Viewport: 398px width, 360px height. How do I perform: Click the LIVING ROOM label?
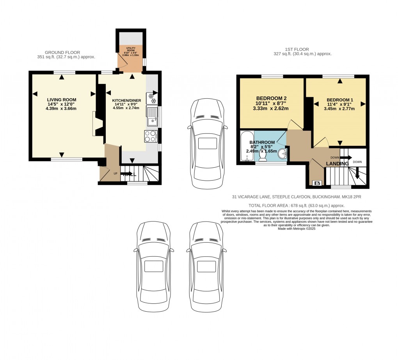click(62, 99)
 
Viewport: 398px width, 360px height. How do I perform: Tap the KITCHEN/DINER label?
click(126, 100)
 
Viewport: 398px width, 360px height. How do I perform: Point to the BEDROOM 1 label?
click(340, 100)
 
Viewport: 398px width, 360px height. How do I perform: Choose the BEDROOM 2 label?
click(271, 98)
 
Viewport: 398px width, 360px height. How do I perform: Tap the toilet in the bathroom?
click(263, 154)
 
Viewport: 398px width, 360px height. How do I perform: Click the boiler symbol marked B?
click(317, 182)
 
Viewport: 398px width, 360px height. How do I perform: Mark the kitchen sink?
click(151, 116)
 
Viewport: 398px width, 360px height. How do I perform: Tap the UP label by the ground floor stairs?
click(115, 174)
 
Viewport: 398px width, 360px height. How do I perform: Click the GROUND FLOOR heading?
click(62, 52)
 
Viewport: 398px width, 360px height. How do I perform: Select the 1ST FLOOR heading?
click(297, 50)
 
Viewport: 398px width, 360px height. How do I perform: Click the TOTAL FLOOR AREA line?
click(297, 205)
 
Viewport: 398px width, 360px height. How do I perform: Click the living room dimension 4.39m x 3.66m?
click(62, 108)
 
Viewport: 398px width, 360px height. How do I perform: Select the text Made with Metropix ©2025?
click(296, 229)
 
